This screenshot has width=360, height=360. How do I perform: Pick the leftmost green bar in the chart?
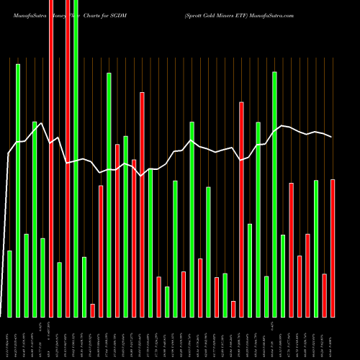(9, 284)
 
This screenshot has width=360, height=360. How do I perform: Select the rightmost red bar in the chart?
(333, 248)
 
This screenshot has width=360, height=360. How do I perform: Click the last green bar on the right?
(316, 248)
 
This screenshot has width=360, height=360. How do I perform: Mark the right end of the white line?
(332, 137)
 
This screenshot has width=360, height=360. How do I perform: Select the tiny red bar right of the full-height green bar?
(92, 310)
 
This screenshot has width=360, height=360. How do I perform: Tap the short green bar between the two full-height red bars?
(59, 289)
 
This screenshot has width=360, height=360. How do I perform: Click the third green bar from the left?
(26, 275)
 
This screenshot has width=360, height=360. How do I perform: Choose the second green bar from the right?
(283, 276)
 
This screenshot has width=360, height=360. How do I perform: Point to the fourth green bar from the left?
(35, 219)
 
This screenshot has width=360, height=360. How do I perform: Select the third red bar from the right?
(308, 275)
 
